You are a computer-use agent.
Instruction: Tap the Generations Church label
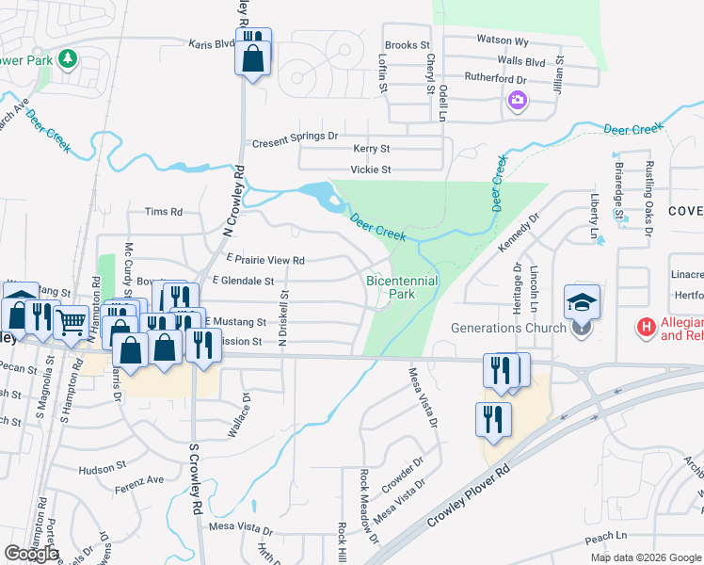tap(508, 328)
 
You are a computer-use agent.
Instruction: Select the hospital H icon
tap(647, 328)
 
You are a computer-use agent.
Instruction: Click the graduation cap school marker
tap(582, 302)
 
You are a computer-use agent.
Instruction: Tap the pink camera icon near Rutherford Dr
tap(517, 101)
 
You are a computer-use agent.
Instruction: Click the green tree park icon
tap(67, 60)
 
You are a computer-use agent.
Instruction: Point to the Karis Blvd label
tap(211, 43)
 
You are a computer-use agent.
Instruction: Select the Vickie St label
tap(370, 169)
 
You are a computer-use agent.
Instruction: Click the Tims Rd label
tap(164, 212)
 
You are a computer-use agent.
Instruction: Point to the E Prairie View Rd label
tap(265, 260)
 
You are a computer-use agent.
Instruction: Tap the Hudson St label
tap(103, 467)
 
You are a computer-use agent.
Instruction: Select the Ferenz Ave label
tap(139, 481)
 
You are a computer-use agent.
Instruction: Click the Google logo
tap(31, 554)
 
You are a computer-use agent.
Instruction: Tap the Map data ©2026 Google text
tap(646, 557)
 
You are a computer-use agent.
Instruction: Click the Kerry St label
tap(371, 149)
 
